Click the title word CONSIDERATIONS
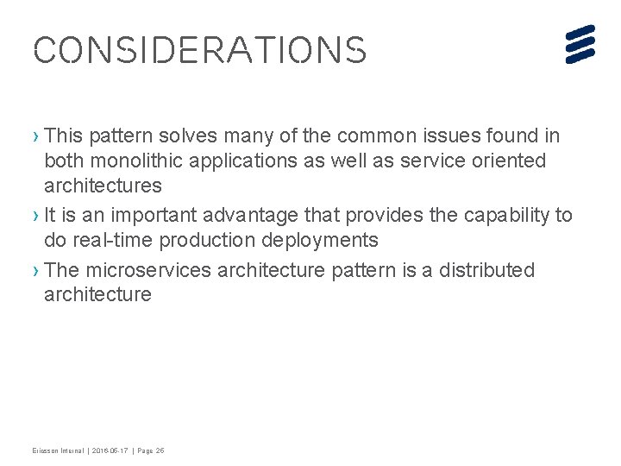pyautogui.click(x=199, y=50)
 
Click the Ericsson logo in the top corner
pyautogui.click(x=580, y=44)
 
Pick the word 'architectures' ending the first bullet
pyautogui.click(x=103, y=186)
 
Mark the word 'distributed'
pyautogui.click(x=486, y=270)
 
